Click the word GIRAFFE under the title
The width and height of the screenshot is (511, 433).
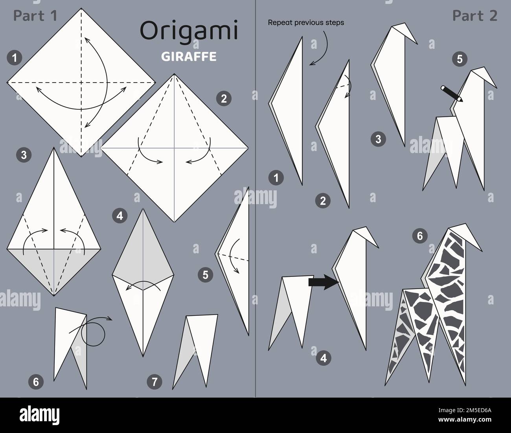click(x=189, y=57)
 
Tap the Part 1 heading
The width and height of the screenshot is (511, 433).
click(x=35, y=15)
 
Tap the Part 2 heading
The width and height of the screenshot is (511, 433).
click(x=474, y=15)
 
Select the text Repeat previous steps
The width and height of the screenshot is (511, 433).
click(x=306, y=22)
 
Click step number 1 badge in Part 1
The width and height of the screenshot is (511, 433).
click(x=14, y=59)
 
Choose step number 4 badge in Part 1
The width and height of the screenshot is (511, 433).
click(x=119, y=215)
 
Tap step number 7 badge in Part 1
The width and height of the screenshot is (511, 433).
click(x=154, y=381)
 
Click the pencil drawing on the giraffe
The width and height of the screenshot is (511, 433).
click(x=452, y=93)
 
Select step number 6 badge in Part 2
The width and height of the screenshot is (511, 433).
click(x=420, y=236)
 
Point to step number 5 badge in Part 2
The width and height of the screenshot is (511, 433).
click(x=460, y=59)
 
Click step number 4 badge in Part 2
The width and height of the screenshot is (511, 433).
click(x=323, y=358)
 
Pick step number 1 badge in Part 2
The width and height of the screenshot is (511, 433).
click(x=276, y=178)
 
